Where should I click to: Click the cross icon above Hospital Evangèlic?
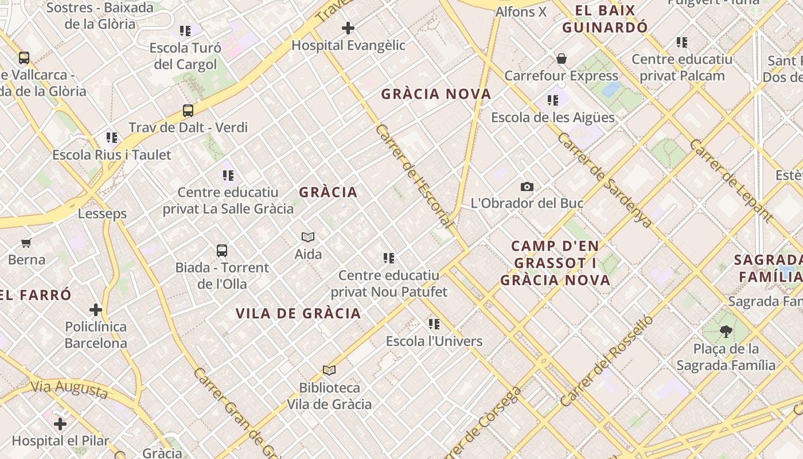click(348, 28)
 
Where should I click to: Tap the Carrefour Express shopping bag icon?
click(562, 59)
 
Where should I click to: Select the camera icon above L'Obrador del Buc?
click(527, 186)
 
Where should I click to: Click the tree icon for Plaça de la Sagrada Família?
click(726, 331)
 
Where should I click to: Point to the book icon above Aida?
click(308, 237)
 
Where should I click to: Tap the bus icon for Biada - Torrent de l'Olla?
click(222, 250)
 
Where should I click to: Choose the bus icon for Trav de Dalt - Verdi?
click(188, 110)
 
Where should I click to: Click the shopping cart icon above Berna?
click(26, 243)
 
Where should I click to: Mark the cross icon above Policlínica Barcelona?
click(96, 310)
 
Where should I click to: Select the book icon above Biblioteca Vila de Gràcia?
click(329, 371)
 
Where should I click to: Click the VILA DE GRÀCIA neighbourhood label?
click(298, 313)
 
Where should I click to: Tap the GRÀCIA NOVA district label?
click(436, 94)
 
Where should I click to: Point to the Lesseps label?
click(102, 214)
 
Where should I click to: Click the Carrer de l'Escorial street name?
click(415, 176)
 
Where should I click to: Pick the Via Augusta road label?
click(69, 390)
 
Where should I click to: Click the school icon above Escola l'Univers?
click(434, 324)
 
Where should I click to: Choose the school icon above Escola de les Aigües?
click(553, 100)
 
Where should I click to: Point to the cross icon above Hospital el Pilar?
click(60, 424)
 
